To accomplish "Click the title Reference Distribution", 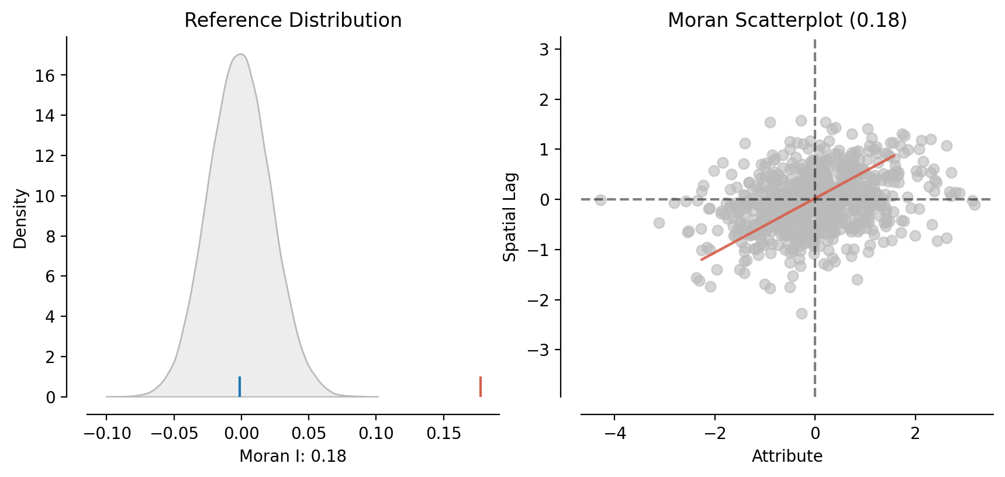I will pos(293,20).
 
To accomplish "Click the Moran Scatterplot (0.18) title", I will pos(787,20).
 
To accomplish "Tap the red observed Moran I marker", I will pos(481,386).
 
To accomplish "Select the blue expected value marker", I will pos(240,386).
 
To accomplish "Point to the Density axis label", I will pos(20,219).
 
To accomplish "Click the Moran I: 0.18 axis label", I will pos(293,457).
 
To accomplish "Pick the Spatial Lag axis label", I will pos(510,217).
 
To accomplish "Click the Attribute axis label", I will pos(787,457).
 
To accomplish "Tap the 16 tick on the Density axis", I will pos(45,76).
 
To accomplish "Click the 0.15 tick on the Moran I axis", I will pos(444,434).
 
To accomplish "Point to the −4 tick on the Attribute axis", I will pos(614,434).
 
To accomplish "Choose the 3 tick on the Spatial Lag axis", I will pos(544,50).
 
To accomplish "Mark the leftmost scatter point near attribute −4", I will pos(600,200).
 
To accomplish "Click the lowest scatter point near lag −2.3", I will pos(802,313).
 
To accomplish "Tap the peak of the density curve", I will pos(240,54).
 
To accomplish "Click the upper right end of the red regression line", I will pos(895,155).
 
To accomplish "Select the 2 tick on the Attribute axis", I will pos(916,434).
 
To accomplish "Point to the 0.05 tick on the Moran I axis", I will pos(309,434).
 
